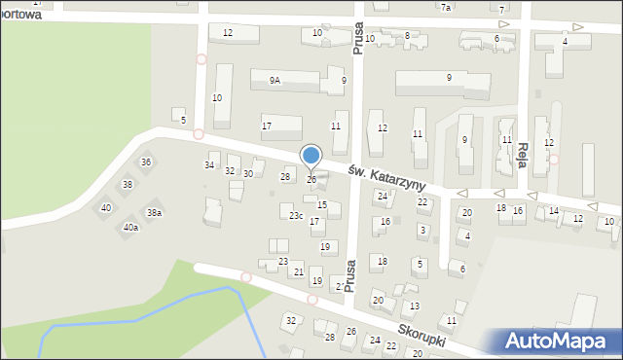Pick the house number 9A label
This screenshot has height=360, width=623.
(275, 81)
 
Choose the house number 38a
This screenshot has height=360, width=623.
(154, 212)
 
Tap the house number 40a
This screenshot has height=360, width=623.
(130, 228)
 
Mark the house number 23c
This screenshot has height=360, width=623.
(296, 215)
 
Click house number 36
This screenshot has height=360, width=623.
(146, 162)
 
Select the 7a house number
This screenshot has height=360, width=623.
(446, 8)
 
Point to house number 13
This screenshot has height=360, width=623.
(415, 306)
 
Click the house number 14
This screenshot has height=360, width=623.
(553, 211)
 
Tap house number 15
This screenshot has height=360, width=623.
(322, 205)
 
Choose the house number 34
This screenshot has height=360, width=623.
(209, 165)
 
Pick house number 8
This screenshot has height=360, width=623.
(407, 35)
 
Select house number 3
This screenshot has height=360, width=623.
(421, 230)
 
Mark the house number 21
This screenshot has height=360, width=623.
(299, 272)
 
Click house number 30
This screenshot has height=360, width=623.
(248, 174)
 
